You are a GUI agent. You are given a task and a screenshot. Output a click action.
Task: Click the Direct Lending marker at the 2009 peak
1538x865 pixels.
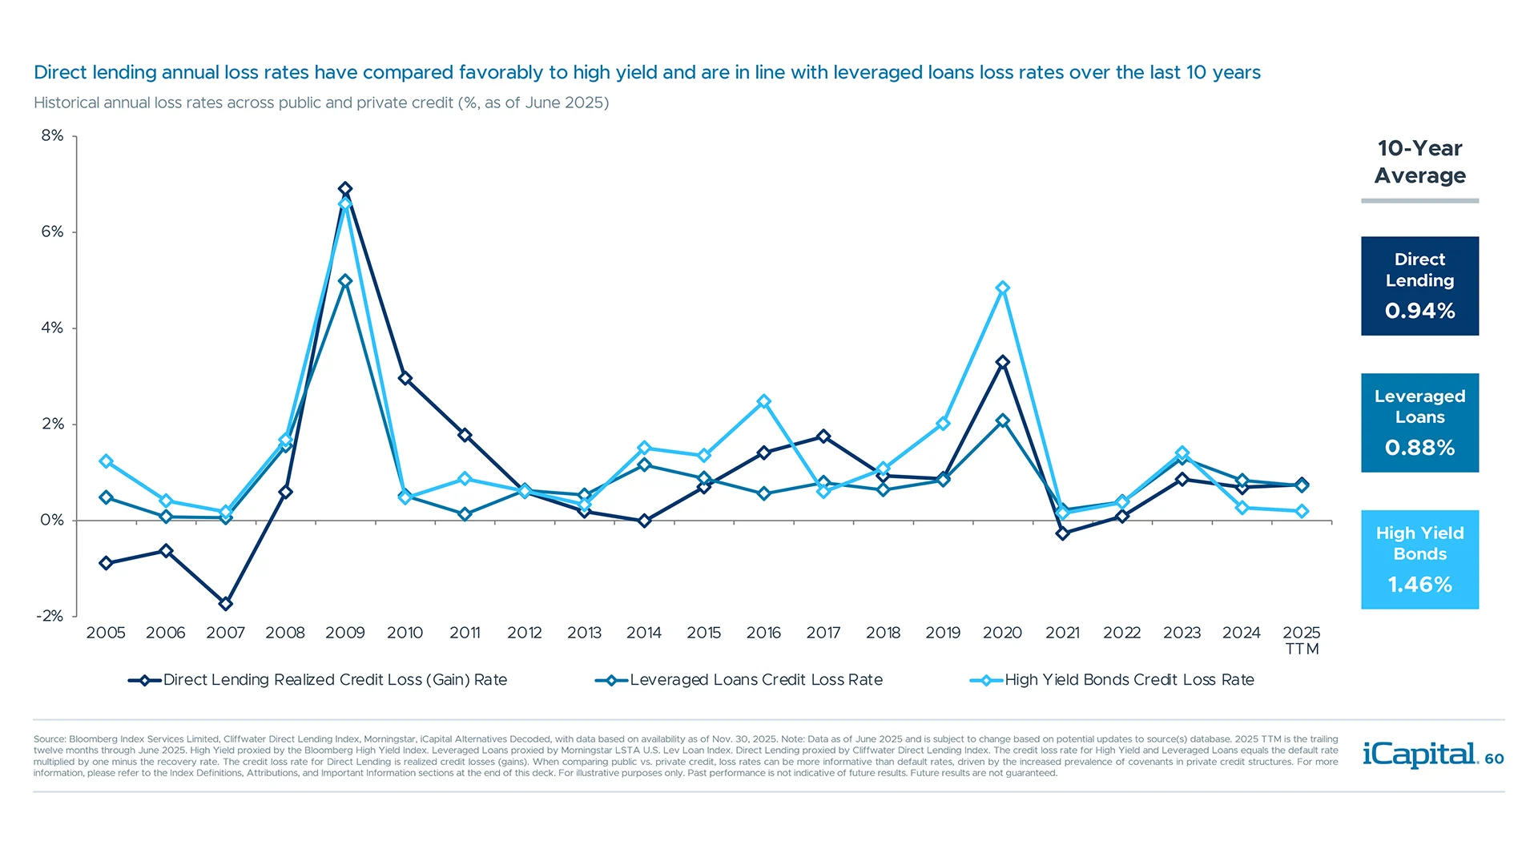pyautogui.click(x=345, y=189)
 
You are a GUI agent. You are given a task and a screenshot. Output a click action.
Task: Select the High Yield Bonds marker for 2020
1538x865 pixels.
pyautogui.click(x=1002, y=288)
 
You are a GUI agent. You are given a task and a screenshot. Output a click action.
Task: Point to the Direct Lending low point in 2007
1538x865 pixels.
pyautogui.click(x=226, y=603)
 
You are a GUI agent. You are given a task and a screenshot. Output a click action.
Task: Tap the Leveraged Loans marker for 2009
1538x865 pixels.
pyautogui.click(x=345, y=281)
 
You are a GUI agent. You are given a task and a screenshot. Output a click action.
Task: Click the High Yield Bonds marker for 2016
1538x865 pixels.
pyautogui.click(x=763, y=401)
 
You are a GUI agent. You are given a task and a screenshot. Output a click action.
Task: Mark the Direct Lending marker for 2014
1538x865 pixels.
pyautogui.click(x=644, y=521)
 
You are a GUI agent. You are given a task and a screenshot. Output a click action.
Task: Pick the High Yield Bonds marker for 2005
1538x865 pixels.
pyautogui.click(x=106, y=461)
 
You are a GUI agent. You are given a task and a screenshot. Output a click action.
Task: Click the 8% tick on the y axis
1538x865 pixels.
pyautogui.click(x=52, y=135)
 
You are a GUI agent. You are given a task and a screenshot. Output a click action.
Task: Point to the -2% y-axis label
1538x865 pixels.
pyautogui.click(x=50, y=616)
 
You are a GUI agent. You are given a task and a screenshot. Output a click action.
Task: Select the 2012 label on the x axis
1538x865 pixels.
pyautogui.click(x=524, y=633)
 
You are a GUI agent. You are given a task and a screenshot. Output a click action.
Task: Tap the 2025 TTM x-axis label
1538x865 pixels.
pyautogui.click(x=1301, y=640)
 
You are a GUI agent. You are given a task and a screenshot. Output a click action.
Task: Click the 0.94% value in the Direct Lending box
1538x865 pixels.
pyautogui.click(x=1419, y=311)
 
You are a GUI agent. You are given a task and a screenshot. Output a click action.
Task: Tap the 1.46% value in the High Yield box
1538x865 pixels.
pyautogui.click(x=1419, y=585)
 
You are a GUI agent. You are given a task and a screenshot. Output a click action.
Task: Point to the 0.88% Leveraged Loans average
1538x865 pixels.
pyautogui.click(x=1419, y=448)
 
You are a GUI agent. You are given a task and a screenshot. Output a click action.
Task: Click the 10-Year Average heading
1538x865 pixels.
pyautogui.click(x=1419, y=162)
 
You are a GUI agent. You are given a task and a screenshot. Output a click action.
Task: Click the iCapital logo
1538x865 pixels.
pyautogui.click(x=1419, y=754)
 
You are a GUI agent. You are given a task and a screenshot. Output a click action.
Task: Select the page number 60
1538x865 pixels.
pyautogui.click(x=1494, y=758)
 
